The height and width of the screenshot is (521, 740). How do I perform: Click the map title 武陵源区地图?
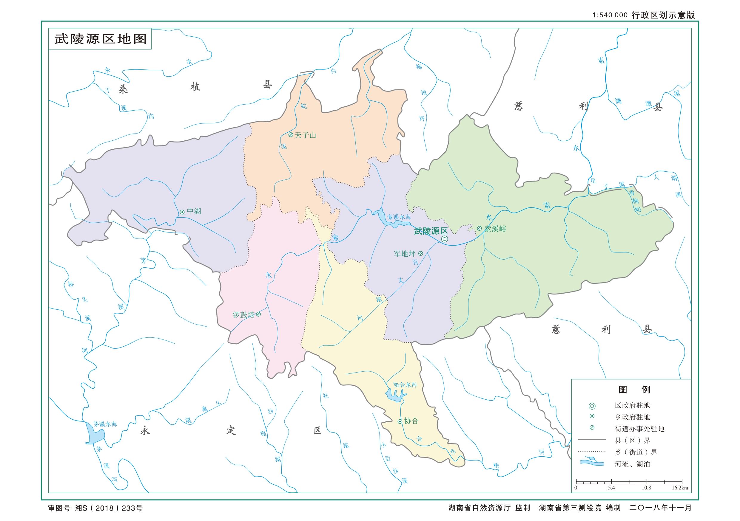pyautogui.click(x=100, y=39)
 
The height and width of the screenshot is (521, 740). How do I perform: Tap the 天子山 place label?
pyautogui.click(x=305, y=135)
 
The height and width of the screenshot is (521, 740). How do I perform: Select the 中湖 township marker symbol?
pyautogui.click(x=182, y=212)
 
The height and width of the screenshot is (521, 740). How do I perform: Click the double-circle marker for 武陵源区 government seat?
pyautogui.click(x=445, y=239)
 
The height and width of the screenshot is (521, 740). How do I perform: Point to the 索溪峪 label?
pyautogui.click(x=495, y=229)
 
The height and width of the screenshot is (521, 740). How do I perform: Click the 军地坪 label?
pyautogui.click(x=405, y=254)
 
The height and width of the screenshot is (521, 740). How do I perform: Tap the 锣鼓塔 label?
pyautogui.click(x=244, y=314)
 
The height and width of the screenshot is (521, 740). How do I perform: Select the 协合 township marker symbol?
pyautogui.click(x=400, y=421)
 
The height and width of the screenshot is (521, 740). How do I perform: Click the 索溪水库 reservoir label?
pyautogui.click(x=399, y=217)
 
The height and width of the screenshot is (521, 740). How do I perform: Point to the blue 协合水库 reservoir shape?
pyautogui.click(x=394, y=396)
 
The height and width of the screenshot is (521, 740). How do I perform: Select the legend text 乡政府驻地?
pyautogui.click(x=632, y=417)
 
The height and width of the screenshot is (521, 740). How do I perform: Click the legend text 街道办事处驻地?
pyautogui.click(x=639, y=429)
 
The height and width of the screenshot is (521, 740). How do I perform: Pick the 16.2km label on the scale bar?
pyautogui.click(x=680, y=488)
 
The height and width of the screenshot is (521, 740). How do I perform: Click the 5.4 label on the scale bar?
pyautogui.click(x=611, y=488)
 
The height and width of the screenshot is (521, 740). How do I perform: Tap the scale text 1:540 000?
pyautogui.click(x=610, y=15)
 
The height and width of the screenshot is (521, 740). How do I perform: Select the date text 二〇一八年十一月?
pyautogui.click(x=660, y=508)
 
